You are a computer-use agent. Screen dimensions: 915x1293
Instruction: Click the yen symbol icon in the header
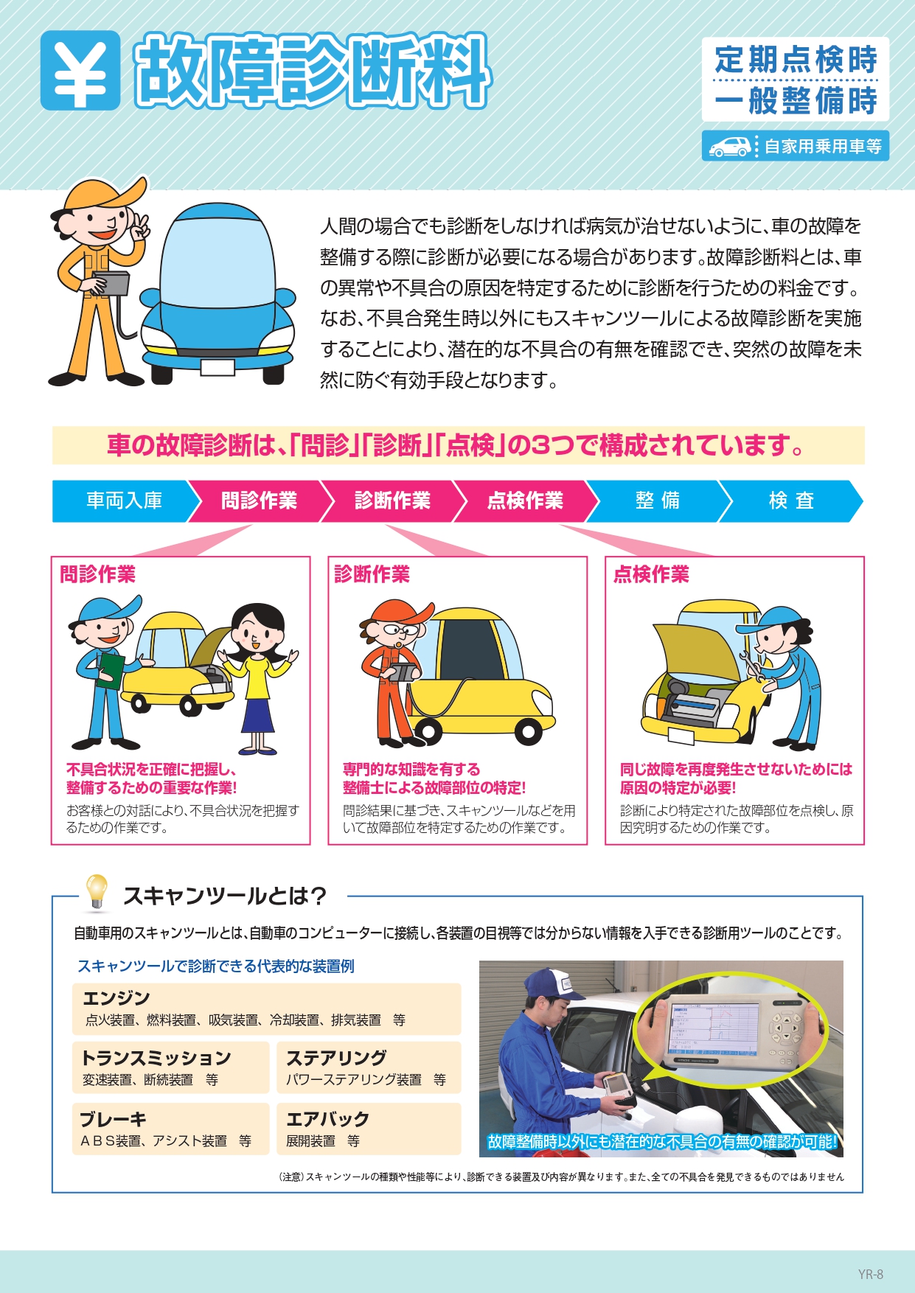pyautogui.click(x=80, y=70)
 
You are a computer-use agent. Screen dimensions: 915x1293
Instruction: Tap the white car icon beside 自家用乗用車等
pyautogui.click(x=729, y=146)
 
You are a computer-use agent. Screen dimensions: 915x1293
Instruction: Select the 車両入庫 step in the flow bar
pyautogui.click(x=124, y=501)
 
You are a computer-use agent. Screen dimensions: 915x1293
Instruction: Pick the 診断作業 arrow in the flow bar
pyautogui.click(x=393, y=501)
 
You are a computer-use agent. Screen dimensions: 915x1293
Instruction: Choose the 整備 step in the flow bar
pyautogui.click(x=658, y=501)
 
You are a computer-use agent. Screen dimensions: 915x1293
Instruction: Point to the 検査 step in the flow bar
pyautogui.click(x=791, y=501)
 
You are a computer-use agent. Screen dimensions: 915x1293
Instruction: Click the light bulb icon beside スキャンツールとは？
pyautogui.click(x=97, y=891)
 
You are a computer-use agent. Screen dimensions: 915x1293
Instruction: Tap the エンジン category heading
pyautogui.click(x=116, y=998)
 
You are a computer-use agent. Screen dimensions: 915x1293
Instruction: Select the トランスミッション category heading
pyautogui.click(x=156, y=1058)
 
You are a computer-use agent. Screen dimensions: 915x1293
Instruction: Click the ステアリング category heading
pyautogui.click(x=336, y=1058)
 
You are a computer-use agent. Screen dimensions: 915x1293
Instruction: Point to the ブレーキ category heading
pyautogui.click(x=114, y=1119)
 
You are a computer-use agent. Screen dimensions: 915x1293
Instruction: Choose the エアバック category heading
pyautogui.click(x=327, y=1119)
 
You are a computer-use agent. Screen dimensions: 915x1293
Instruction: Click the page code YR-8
pyautogui.click(x=870, y=1274)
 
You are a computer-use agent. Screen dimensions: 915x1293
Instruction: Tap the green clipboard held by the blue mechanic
pyautogui.click(x=111, y=671)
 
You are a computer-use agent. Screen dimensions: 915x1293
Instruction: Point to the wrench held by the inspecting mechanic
pyautogui.click(x=754, y=664)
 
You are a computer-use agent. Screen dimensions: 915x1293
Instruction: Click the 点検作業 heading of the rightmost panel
pyautogui.click(x=652, y=574)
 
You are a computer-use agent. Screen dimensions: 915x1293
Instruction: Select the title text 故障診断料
pyautogui.click(x=313, y=71)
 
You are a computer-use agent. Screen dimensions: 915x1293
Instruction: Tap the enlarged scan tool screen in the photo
pyautogui.click(x=713, y=1027)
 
